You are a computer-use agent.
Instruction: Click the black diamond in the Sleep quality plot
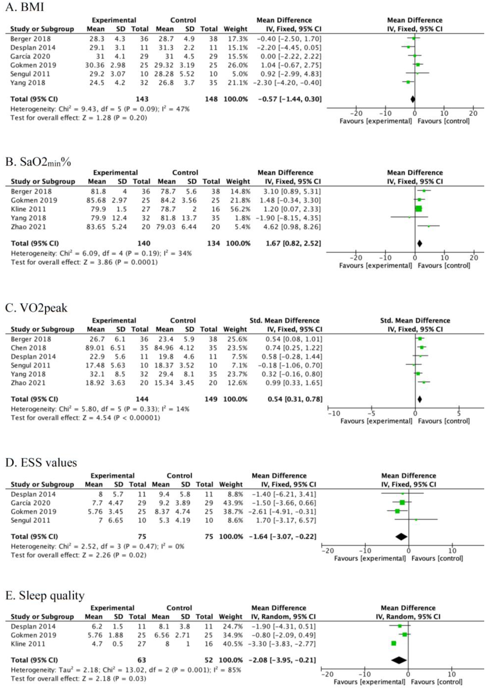point(399,660)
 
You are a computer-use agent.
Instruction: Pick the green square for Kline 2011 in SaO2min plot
point(418,209)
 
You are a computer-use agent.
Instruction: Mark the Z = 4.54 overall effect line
point(85,418)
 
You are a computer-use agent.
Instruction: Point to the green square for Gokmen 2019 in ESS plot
point(397,511)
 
